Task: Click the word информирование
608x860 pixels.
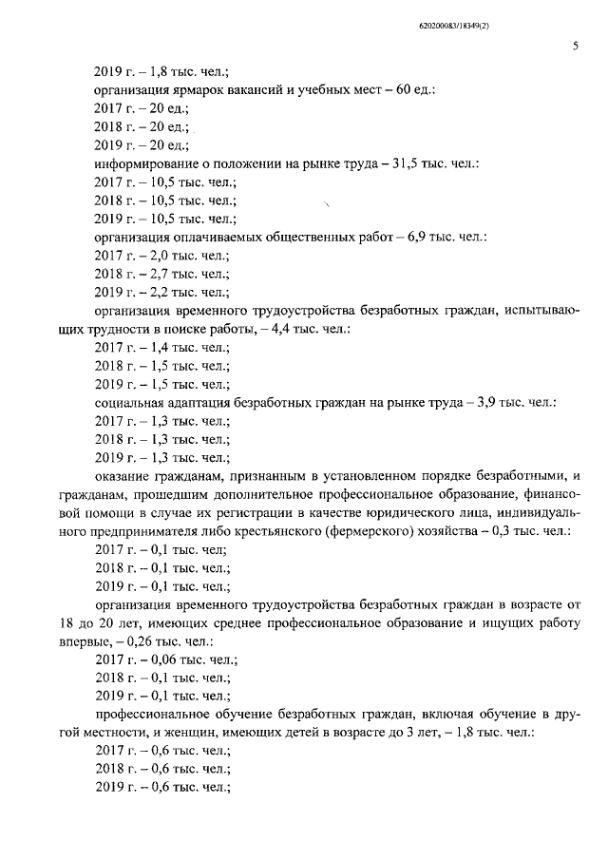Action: click(x=147, y=164)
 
